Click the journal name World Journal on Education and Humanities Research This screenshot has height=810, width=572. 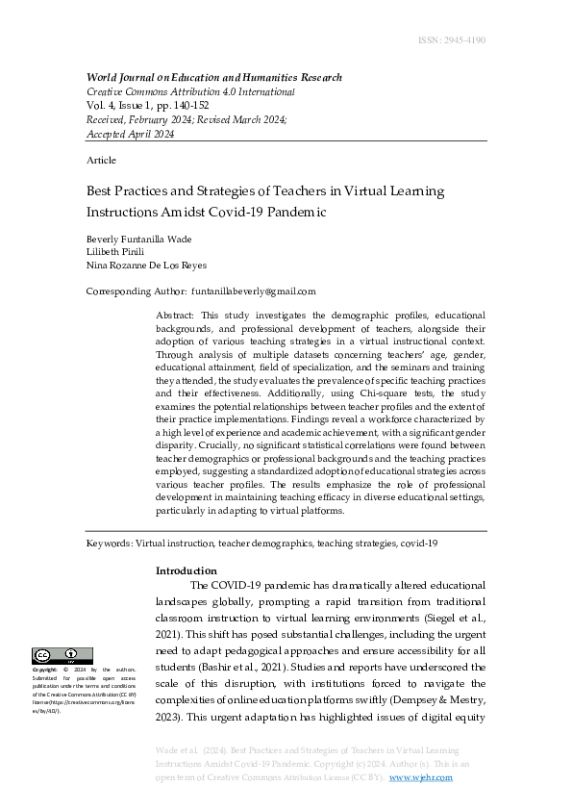click(213, 78)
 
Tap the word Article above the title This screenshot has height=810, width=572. click(101, 160)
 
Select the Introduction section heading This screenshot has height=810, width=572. click(187, 570)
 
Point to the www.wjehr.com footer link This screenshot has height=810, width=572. click(420, 777)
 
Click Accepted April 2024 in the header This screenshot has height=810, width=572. click(131, 134)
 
